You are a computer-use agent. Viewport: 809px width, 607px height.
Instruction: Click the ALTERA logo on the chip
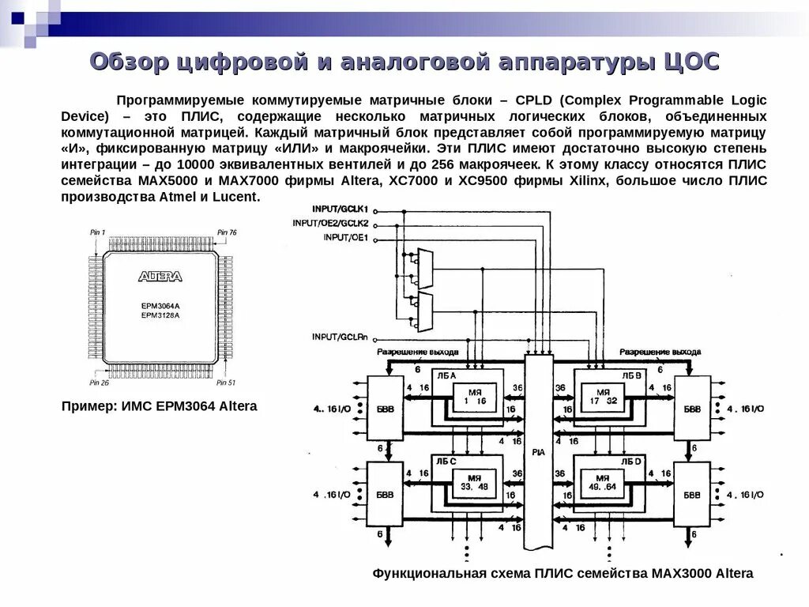(160, 277)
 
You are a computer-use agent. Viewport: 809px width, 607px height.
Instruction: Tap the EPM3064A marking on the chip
(160, 305)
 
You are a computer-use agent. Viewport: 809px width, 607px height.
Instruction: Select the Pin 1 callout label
(97, 232)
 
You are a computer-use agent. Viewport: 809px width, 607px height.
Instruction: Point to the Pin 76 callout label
(227, 232)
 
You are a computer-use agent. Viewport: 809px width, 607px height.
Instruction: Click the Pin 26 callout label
(99, 383)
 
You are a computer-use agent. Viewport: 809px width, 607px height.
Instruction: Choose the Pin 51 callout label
(226, 383)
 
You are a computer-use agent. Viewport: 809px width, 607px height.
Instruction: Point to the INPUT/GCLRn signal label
(341, 337)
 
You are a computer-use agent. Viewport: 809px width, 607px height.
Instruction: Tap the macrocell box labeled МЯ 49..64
(605, 482)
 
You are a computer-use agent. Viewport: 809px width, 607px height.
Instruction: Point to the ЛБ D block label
(630, 461)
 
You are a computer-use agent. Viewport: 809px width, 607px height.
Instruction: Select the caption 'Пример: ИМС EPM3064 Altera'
(159, 406)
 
